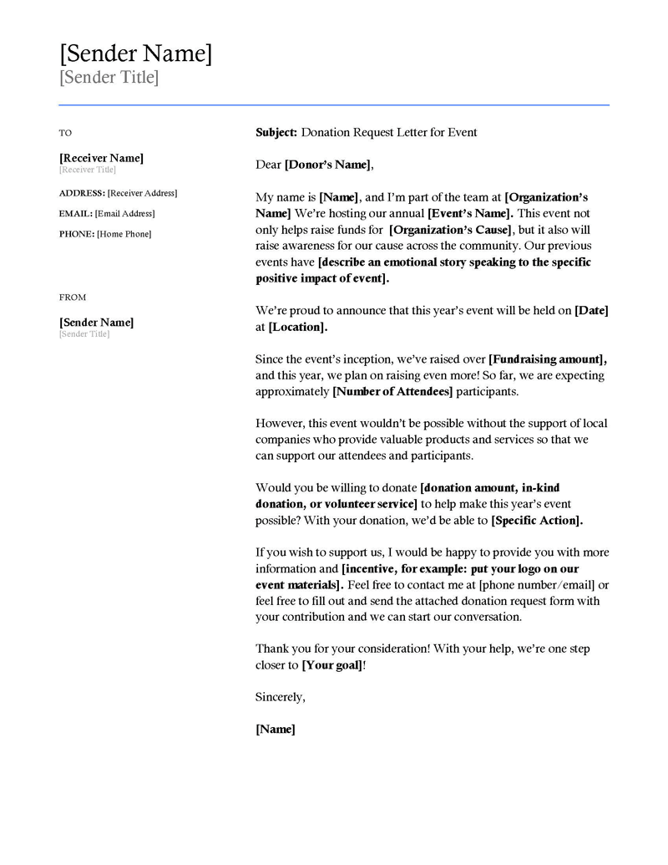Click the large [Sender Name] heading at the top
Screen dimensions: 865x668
[x=135, y=54]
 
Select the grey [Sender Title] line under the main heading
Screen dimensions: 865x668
[x=109, y=79]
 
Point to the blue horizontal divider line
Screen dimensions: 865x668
[x=334, y=105]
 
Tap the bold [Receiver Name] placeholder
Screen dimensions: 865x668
[x=101, y=158]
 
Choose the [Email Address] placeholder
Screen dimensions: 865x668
[x=124, y=214]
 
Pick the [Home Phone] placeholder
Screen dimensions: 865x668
[x=124, y=234]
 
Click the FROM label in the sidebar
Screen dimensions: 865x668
[x=73, y=298]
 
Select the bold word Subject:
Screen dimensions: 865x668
[x=276, y=132]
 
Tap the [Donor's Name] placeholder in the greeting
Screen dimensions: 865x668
[x=326, y=165]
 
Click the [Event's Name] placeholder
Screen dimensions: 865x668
[x=469, y=213]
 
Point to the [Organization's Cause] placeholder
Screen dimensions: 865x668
[x=451, y=230]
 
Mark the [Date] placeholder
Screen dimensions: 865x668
[x=591, y=310]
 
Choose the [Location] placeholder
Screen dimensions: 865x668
[x=297, y=327]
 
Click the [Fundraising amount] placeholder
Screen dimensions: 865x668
[x=547, y=359]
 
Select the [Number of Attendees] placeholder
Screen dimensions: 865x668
[x=392, y=391]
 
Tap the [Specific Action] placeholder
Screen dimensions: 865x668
[x=536, y=521]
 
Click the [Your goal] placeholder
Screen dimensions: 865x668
[x=332, y=665]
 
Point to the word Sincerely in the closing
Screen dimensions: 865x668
[x=280, y=697]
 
